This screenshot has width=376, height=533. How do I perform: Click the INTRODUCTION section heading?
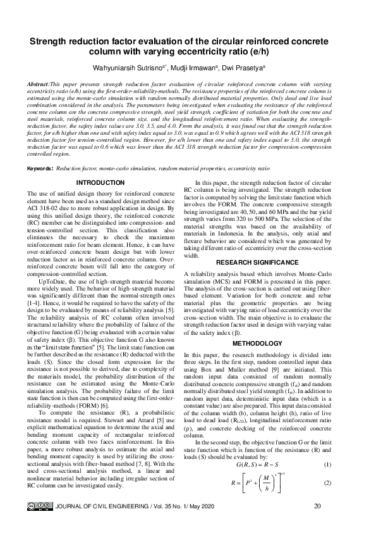click(x=99, y=184)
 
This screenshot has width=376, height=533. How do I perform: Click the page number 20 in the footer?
click(x=317, y=506)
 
